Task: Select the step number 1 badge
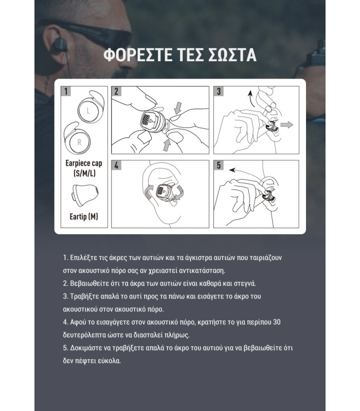tap(66, 91)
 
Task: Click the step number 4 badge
tap(117, 165)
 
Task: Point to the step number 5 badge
tap(219, 165)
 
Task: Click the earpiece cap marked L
tap(88, 109)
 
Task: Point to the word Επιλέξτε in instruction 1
tap(85, 256)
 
